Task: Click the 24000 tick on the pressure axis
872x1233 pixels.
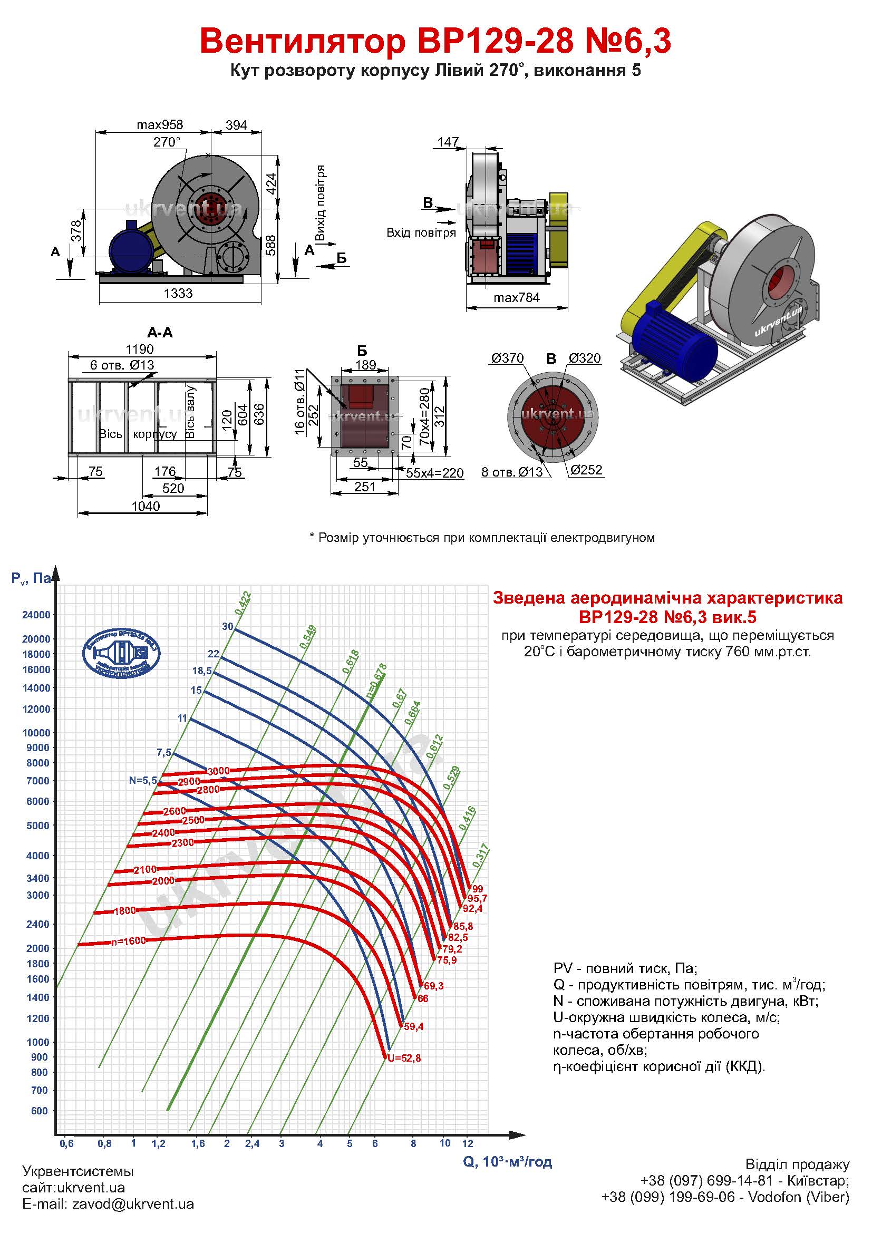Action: [35, 615]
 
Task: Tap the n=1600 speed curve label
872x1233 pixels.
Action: [128, 941]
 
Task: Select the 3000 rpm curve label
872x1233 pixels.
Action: [219, 771]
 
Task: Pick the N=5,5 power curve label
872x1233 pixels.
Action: [143, 781]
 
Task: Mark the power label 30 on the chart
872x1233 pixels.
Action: [228, 626]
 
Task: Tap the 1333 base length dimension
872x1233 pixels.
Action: [178, 294]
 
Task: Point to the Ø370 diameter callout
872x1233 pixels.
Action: [507, 358]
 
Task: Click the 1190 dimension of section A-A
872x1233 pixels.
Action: [140, 349]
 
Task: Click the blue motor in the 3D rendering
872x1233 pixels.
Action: [674, 344]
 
